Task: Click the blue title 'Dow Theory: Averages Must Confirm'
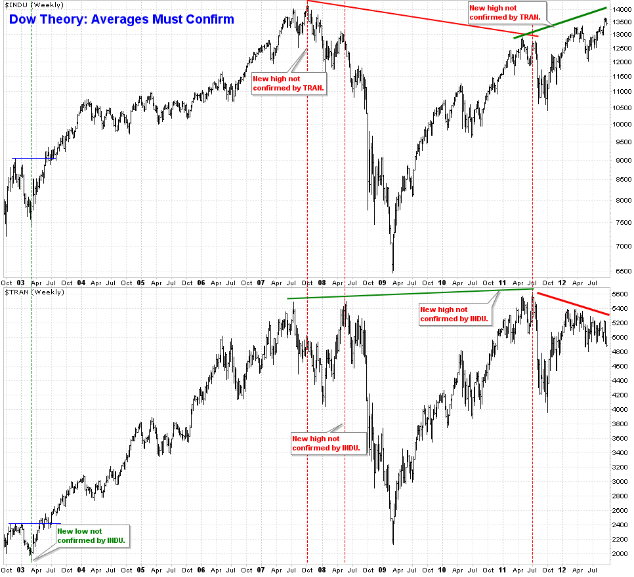pos(121,19)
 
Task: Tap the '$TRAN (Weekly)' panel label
pos(34,291)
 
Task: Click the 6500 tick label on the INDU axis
pos(620,270)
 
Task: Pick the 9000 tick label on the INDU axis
pos(620,161)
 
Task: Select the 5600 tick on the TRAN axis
pos(620,294)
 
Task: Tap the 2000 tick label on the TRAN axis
pos(620,553)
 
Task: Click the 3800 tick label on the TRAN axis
pos(620,424)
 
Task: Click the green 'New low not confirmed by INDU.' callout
pos(91,536)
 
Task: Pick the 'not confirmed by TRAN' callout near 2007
pos(289,83)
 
